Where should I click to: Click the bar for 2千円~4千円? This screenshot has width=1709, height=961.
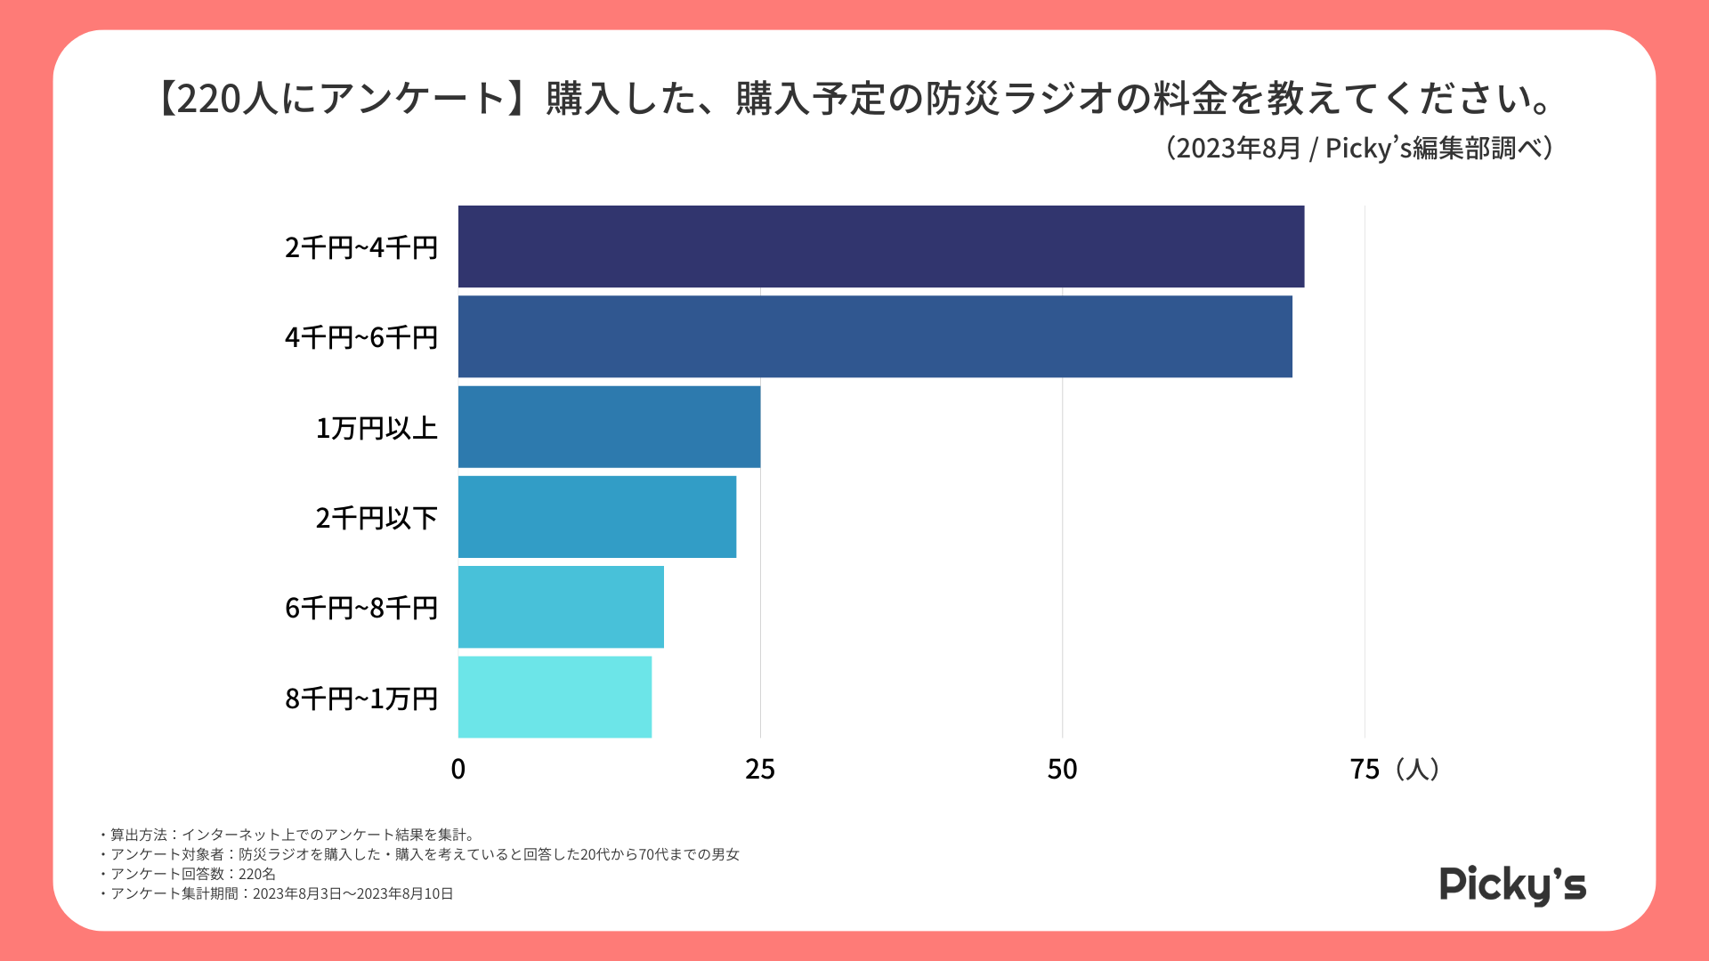point(880,246)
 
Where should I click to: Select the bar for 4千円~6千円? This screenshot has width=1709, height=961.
point(874,336)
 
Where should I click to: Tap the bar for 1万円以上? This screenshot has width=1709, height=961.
point(609,426)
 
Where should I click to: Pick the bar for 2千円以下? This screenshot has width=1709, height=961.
point(596,517)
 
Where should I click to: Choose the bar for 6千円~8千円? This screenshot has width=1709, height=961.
point(561,607)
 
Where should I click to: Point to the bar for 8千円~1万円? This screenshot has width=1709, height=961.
point(555,697)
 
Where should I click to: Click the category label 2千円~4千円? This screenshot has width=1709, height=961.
point(360,247)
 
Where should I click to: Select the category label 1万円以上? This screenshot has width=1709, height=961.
point(377,428)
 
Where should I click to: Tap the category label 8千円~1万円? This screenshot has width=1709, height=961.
point(360,699)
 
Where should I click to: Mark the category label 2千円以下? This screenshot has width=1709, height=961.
point(377,518)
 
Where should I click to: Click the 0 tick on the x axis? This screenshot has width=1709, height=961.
point(458,769)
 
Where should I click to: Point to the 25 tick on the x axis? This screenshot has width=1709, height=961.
point(760,769)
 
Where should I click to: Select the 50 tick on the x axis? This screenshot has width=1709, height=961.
point(1062,769)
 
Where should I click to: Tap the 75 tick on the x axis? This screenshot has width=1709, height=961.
point(1365,769)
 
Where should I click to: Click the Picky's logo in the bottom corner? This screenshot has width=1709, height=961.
point(1512,884)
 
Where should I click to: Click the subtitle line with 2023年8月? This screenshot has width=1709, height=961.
point(1359,148)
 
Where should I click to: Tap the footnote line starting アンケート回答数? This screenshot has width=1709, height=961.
point(189,874)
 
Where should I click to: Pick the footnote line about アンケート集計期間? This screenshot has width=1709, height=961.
point(278,893)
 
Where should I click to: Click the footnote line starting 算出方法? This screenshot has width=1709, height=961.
point(288,835)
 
